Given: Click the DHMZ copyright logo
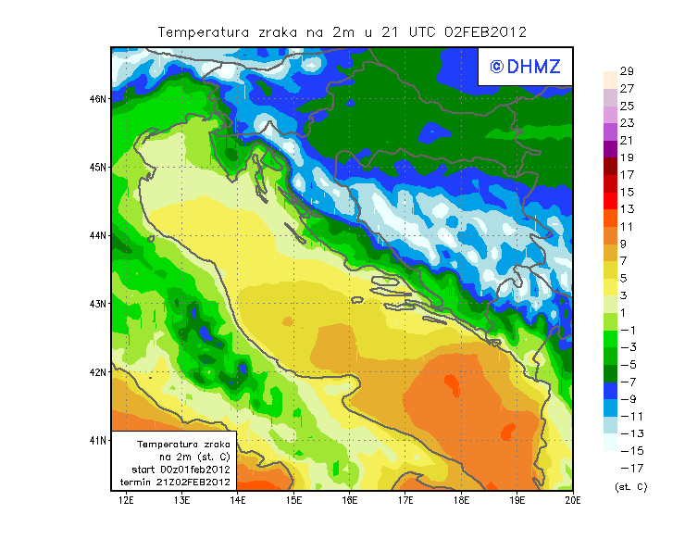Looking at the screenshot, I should click(525, 66).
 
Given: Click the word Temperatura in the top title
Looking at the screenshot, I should click(204, 31).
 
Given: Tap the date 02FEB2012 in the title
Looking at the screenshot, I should click(485, 31).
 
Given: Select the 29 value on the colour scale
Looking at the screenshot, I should click(627, 71).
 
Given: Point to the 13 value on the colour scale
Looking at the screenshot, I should click(627, 209).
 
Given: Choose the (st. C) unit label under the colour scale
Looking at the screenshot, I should click(630, 486).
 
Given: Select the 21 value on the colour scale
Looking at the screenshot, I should click(627, 140).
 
